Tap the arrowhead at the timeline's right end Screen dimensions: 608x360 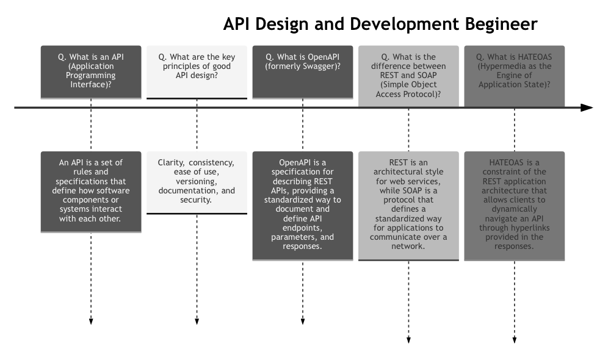click(587, 108)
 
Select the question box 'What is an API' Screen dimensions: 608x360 click(91, 71)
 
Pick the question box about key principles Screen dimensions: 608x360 click(197, 71)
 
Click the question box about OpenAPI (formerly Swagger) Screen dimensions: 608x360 click(303, 71)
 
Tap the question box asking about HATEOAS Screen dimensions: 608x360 click(514, 71)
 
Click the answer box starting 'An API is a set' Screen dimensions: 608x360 click(91, 192)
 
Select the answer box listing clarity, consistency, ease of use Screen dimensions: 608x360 click(197, 182)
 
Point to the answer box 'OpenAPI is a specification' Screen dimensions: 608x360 click(303, 206)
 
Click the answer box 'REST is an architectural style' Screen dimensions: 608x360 click(408, 206)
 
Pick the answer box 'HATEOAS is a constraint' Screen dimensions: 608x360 click(514, 206)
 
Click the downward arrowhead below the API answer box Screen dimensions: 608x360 click(91, 321)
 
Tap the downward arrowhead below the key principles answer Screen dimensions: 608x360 click(197, 321)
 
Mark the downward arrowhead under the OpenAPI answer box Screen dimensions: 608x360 click(303, 321)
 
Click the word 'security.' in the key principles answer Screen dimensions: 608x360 click(197, 200)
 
